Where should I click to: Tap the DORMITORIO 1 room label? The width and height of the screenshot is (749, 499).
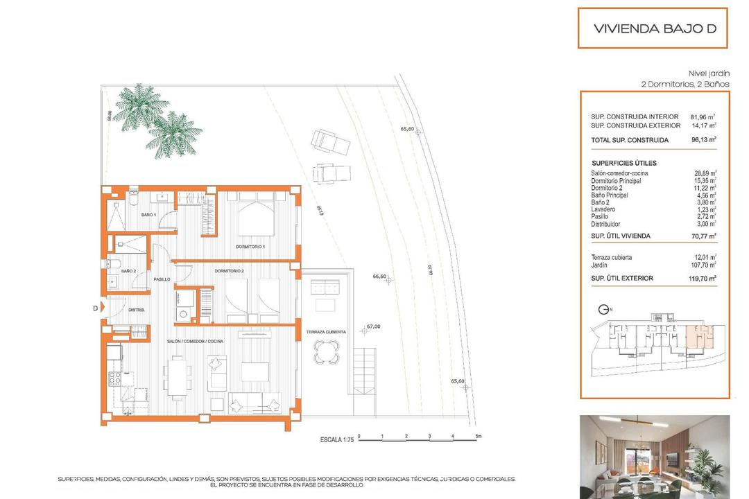(250, 246)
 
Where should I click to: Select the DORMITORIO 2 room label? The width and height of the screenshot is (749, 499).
(230, 270)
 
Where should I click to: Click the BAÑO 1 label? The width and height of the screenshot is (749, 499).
(148, 216)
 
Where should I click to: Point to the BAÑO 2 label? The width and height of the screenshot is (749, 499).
(128, 271)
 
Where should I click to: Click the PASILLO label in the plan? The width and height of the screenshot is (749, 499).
(162, 279)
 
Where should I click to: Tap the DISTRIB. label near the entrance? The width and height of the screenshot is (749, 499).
(135, 310)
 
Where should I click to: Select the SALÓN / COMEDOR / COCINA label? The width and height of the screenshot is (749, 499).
(196, 342)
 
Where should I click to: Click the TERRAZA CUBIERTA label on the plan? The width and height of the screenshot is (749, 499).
(325, 333)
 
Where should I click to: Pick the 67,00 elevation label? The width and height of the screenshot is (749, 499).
(373, 326)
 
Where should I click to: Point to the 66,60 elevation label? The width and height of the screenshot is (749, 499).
(379, 276)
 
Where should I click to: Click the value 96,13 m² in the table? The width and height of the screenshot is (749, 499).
(703, 139)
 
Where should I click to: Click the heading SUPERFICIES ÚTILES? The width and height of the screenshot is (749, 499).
(623, 163)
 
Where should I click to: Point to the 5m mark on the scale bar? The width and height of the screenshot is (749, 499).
(478, 436)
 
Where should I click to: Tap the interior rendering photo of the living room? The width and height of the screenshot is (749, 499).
(654, 457)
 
